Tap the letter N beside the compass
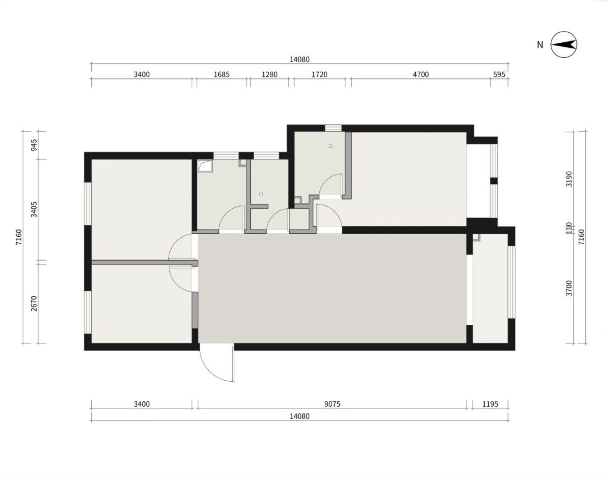click(x=540, y=45)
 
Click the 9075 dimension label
click(x=332, y=404)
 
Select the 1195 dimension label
click(x=490, y=404)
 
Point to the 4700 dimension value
click(x=421, y=74)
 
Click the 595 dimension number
click(x=499, y=74)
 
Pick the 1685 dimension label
click(x=221, y=74)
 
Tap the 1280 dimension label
click(x=269, y=74)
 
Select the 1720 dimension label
click(x=320, y=74)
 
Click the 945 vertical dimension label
click(x=34, y=145)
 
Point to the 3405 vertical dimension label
click(x=34, y=209)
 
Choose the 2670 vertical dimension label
click(x=34, y=303)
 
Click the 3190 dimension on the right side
click(x=569, y=179)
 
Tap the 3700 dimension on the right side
click(x=569, y=288)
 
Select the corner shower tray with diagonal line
click(x=205, y=166)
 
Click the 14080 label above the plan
click(x=299, y=59)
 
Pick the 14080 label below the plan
click(x=299, y=416)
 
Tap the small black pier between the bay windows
click(x=494, y=181)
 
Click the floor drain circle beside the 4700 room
click(x=330, y=146)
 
